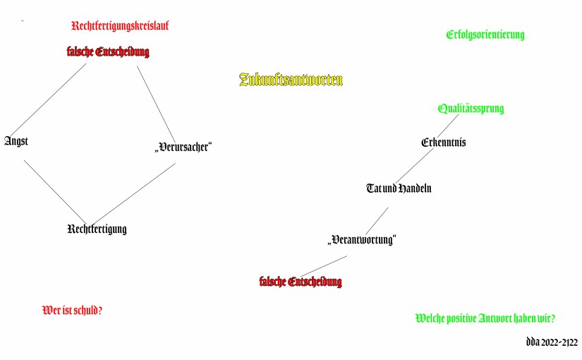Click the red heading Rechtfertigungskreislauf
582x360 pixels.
(x=120, y=26)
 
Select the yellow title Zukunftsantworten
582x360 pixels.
(x=291, y=80)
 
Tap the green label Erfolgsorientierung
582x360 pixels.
(x=485, y=35)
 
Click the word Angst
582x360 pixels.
(x=16, y=140)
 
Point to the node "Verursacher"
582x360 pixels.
(x=183, y=147)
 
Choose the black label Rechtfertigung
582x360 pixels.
(x=97, y=229)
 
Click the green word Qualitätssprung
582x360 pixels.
(x=471, y=109)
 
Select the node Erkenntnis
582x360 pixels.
(x=443, y=142)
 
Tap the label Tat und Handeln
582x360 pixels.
(x=399, y=188)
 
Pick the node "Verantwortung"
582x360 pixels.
(x=362, y=239)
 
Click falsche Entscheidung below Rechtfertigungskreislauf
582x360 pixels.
(x=108, y=52)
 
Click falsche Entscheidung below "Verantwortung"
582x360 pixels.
(x=301, y=282)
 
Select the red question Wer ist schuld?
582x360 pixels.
(x=73, y=310)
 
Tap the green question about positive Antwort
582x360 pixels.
(x=485, y=318)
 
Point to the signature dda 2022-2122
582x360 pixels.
(x=552, y=342)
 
